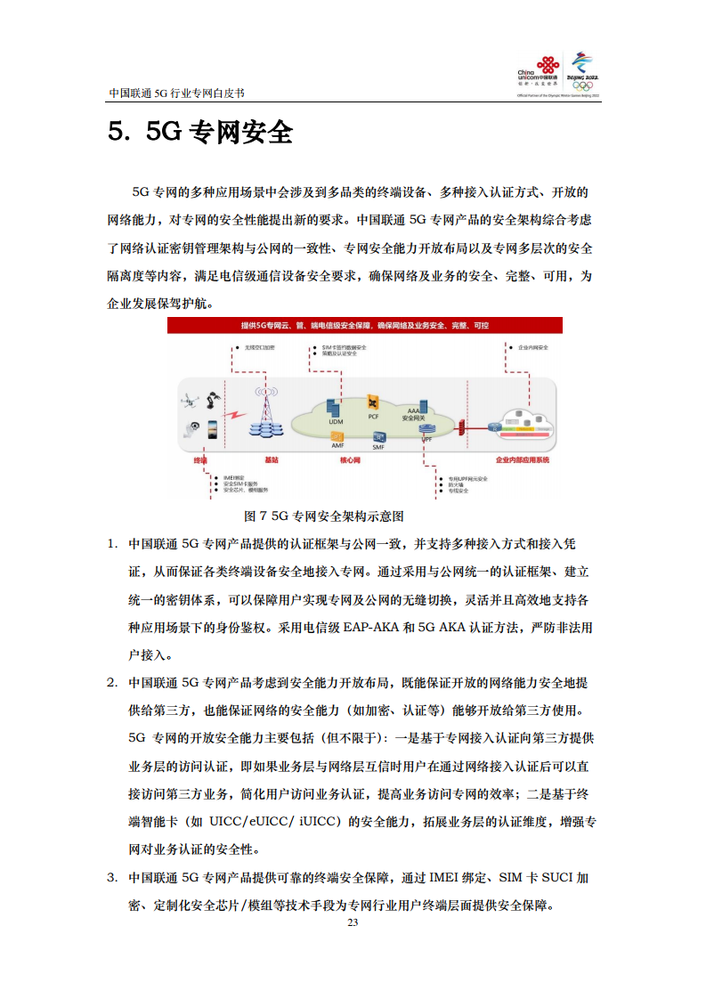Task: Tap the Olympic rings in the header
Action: [583, 85]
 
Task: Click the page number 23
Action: [353, 922]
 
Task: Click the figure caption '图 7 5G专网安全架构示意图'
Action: [325, 516]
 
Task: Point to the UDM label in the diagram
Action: [335, 422]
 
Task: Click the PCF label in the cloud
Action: [374, 417]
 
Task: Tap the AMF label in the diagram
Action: [337, 445]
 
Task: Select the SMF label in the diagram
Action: [378, 447]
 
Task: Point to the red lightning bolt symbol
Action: [235, 416]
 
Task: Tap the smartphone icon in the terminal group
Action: [214, 429]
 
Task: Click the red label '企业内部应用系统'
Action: [523, 460]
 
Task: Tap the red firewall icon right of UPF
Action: [462, 429]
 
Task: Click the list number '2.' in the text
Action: [112, 683]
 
